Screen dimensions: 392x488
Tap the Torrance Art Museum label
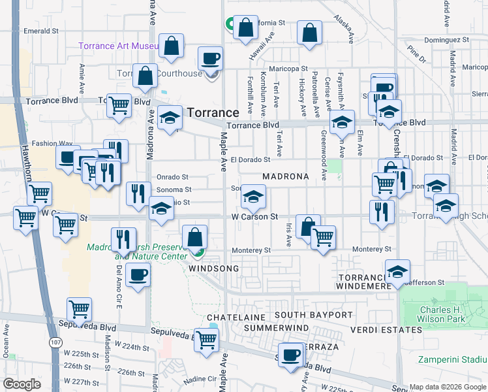[117, 46]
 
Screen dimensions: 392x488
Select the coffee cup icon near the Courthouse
[210, 59]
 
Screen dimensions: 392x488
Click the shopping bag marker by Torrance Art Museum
[172, 46]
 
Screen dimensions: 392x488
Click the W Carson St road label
[255, 216]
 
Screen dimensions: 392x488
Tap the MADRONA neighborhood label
[285, 177]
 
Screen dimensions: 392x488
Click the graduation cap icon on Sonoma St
[253, 196]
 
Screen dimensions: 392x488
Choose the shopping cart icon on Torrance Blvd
[119, 105]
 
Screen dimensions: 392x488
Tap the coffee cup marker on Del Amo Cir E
[138, 274]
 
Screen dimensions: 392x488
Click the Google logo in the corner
[22, 384]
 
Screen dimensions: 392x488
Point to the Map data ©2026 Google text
[448, 387]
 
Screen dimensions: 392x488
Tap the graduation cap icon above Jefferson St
[397, 272]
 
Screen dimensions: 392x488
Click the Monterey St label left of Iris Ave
[251, 250]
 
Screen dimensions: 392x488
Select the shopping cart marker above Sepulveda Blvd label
[79, 308]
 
